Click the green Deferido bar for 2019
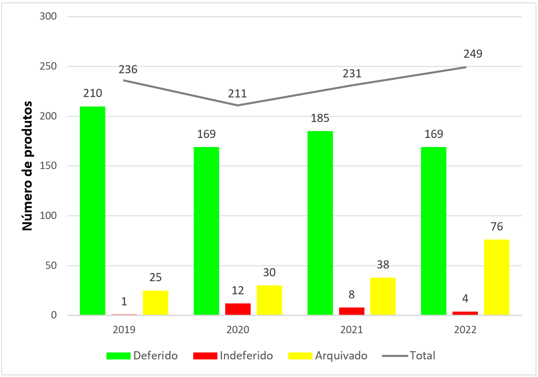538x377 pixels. tap(93, 210)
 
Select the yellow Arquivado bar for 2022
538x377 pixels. tap(497, 277)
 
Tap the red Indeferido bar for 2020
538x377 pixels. tap(238, 309)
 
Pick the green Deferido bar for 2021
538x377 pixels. tap(320, 223)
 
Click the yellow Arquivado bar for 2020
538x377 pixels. tap(269, 300)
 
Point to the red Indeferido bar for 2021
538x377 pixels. tap(352, 311)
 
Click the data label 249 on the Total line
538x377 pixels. tap(473, 54)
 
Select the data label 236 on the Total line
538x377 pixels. tap(128, 70)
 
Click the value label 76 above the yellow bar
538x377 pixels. tap(497, 227)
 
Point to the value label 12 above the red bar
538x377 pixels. tap(238, 291)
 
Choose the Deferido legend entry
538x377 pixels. tap(142, 355)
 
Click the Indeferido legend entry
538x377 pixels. tap(233, 355)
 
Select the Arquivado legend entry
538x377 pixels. tap(328, 355)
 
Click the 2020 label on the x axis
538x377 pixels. tap(238, 330)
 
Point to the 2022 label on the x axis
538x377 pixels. tap(465, 330)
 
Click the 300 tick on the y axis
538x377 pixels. tap(48, 17)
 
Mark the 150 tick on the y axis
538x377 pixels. tap(48, 166)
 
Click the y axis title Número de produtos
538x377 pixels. tap(27, 167)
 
